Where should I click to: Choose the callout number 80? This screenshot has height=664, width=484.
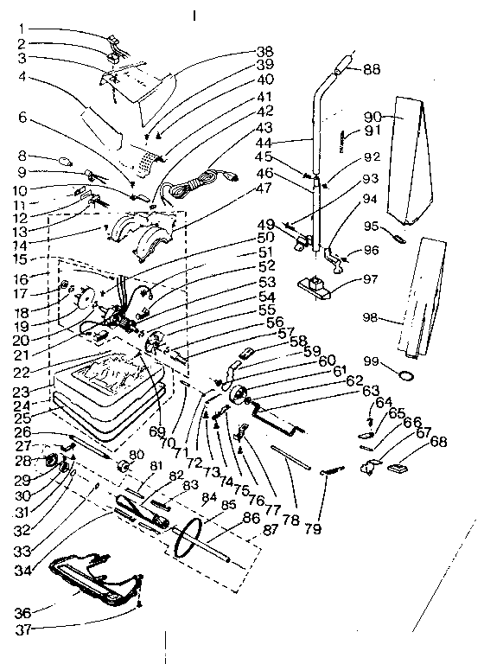[x=137, y=455]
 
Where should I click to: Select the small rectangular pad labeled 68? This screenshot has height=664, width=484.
[x=399, y=468]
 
